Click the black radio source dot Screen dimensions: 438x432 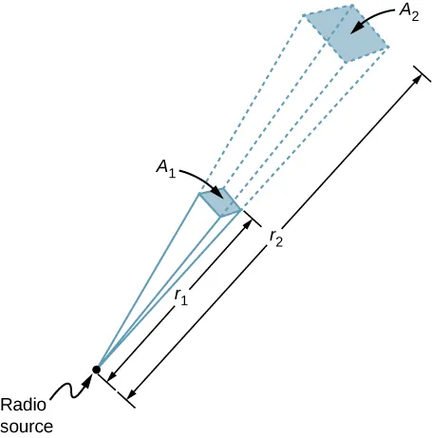coord(96,369)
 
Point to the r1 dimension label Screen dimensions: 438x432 coord(179,295)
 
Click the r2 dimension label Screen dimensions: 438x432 coord(274,237)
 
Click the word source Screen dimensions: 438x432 coord(26,425)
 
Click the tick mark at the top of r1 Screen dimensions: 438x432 coord(255,221)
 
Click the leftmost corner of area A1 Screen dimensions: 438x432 coord(198,195)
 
